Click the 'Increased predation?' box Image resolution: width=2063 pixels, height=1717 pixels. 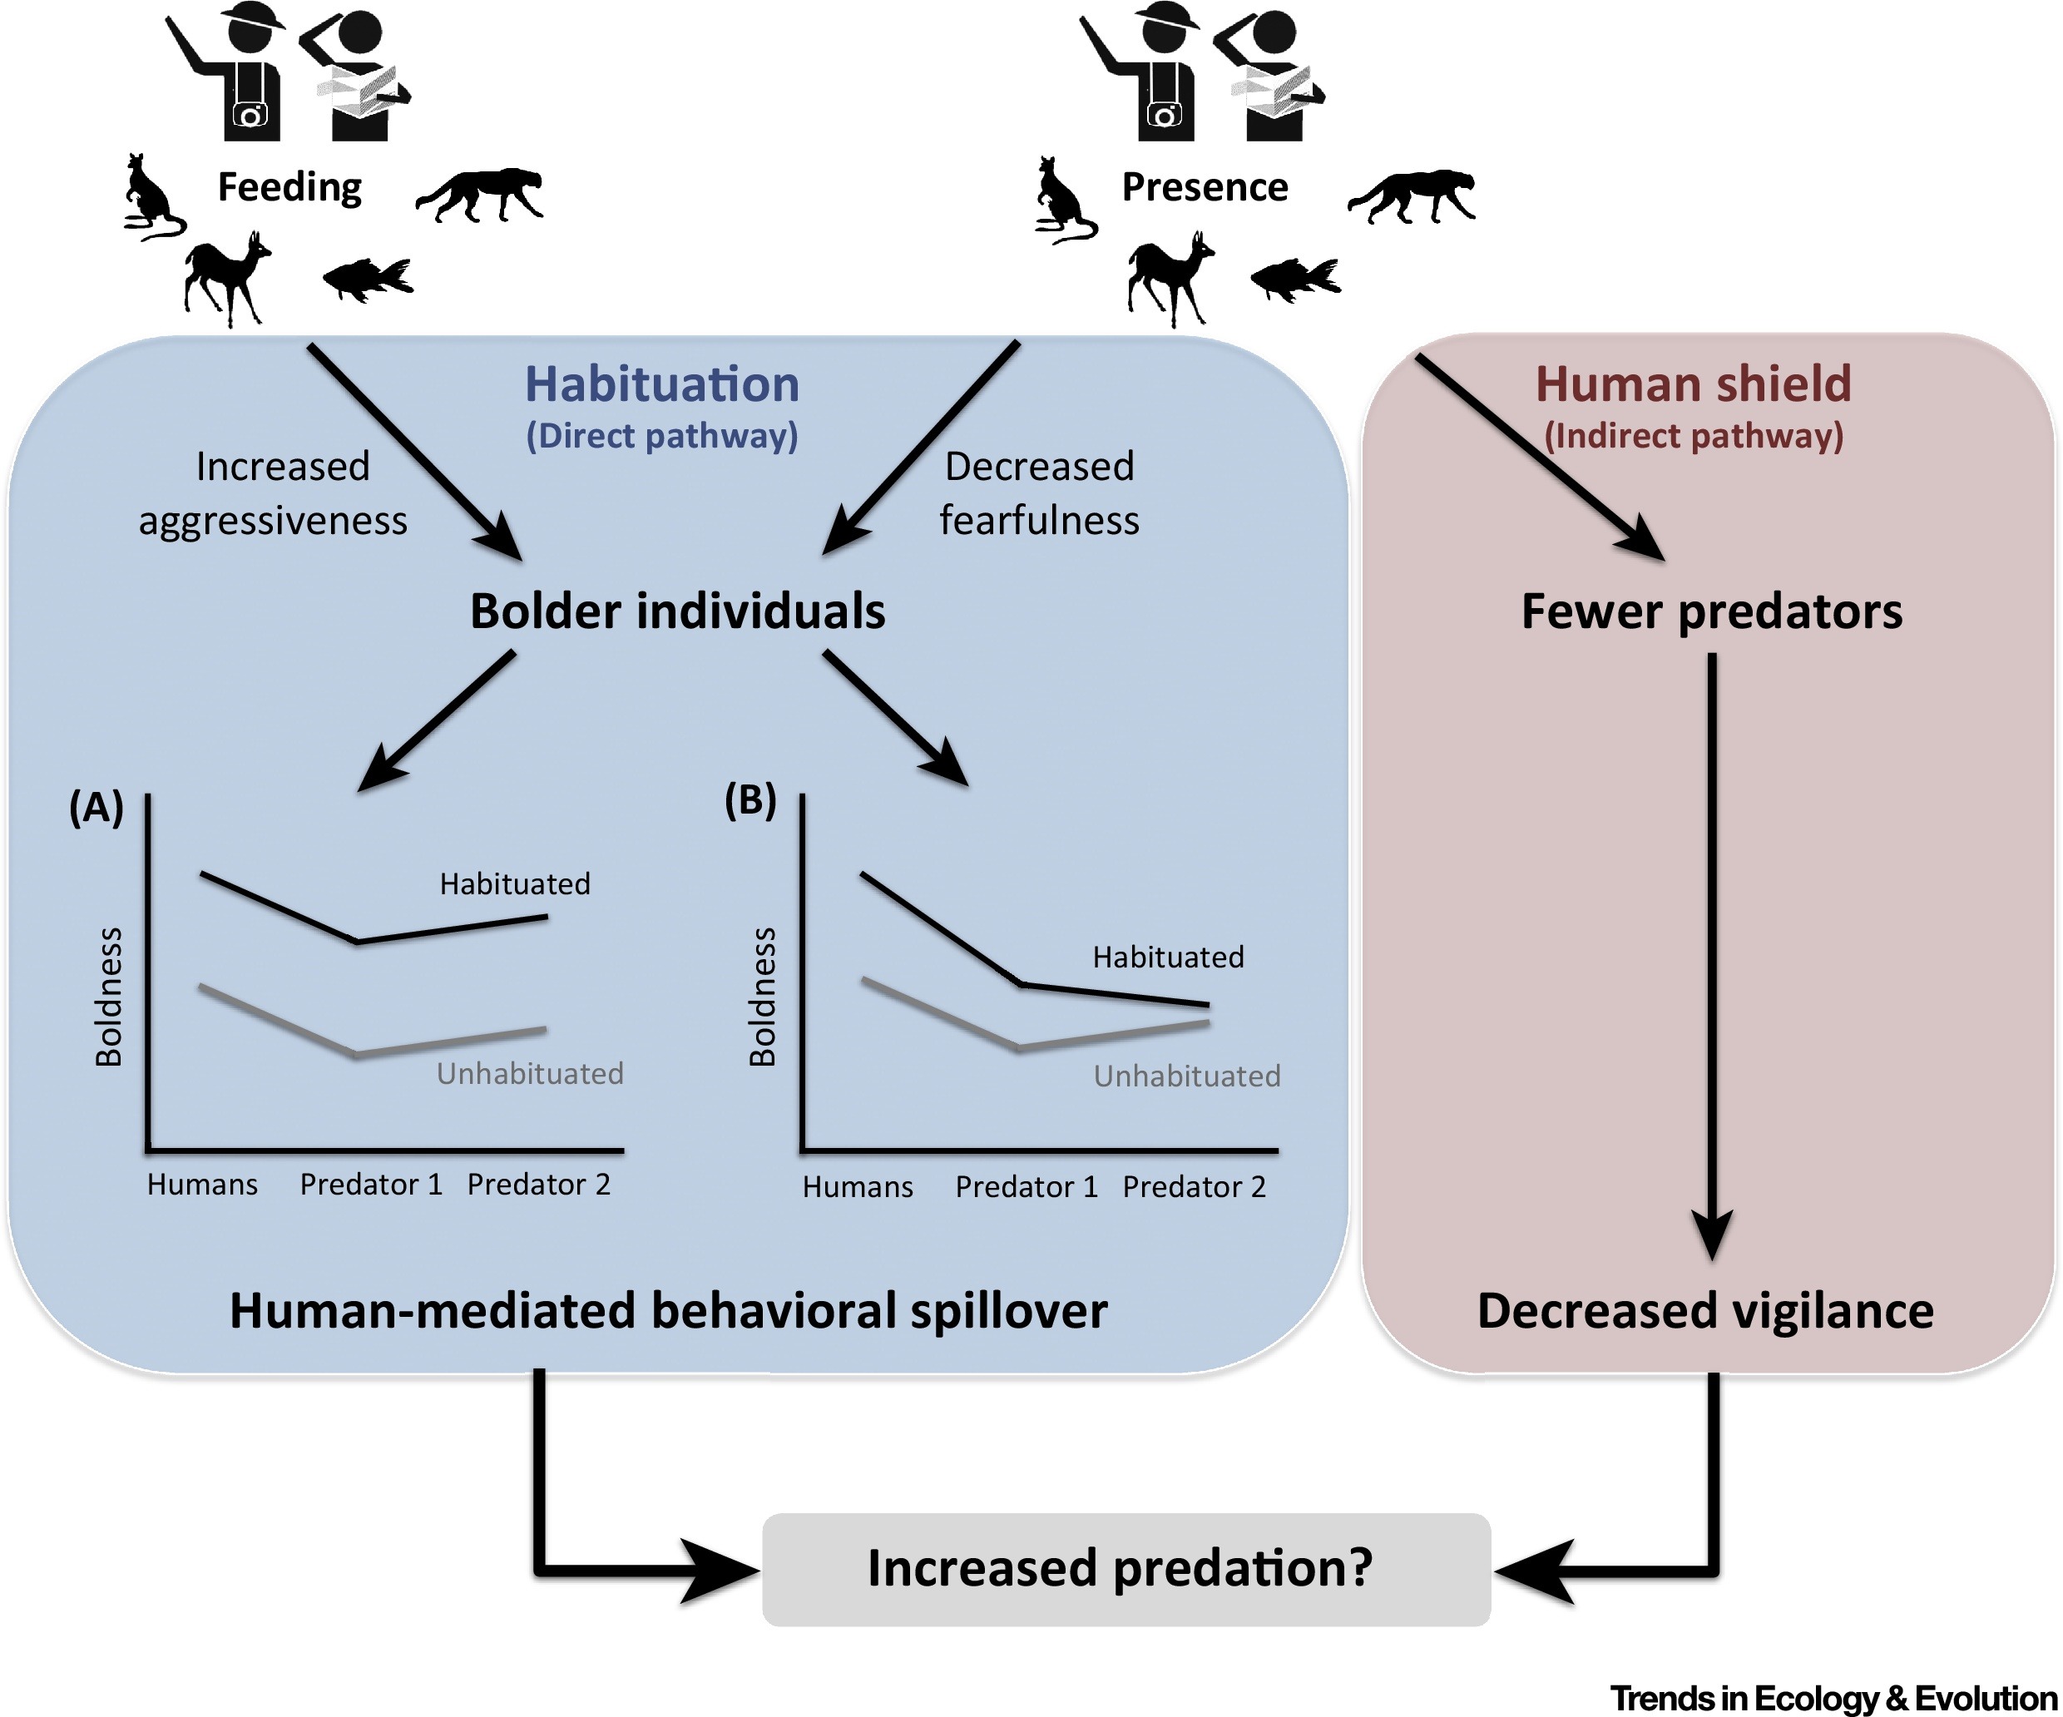pyautogui.click(x=1125, y=1569)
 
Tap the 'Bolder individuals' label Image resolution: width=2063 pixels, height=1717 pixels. pyautogui.click(x=677, y=611)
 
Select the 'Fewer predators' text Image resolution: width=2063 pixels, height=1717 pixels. pyautogui.click(x=1711, y=611)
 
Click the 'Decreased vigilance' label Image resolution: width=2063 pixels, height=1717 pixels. pyautogui.click(x=1705, y=1310)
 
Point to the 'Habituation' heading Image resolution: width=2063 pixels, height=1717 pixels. pyautogui.click(x=661, y=384)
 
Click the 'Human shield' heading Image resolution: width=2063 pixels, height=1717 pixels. pyautogui.click(x=1693, y=384)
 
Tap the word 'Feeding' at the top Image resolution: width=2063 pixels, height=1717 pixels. pyautogui.click(x=289, y=186)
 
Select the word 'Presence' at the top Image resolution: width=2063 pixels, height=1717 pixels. pyautogui.click(x=1205, y=186)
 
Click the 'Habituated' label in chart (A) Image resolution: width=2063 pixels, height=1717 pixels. pyautogui.click(x=515, y=884)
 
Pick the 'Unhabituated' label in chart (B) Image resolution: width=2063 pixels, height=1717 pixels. pyautogui.click(x=1187, y=1076)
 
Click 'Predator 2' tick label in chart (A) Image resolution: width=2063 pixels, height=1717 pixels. pyautogui.click(x=538, y=1185)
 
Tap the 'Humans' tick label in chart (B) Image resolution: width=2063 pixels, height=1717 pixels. pyautogui.click(x=858, y=1188)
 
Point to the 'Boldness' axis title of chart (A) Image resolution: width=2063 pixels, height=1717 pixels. pyautogui.click(x=109, y=996)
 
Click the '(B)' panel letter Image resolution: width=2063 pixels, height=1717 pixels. pyautogui.click(x=750, y=800)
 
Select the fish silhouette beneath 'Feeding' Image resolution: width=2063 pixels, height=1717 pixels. pyautogui.click(x=368, y=278)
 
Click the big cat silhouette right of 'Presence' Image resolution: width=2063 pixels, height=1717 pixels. pyautogui.click(x=1411, y=195)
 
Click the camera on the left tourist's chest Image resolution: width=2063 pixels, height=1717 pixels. pyautogui.click(x=250, y=116)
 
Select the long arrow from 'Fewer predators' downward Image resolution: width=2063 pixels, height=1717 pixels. pyautogui.click(x=1711, y=953)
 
